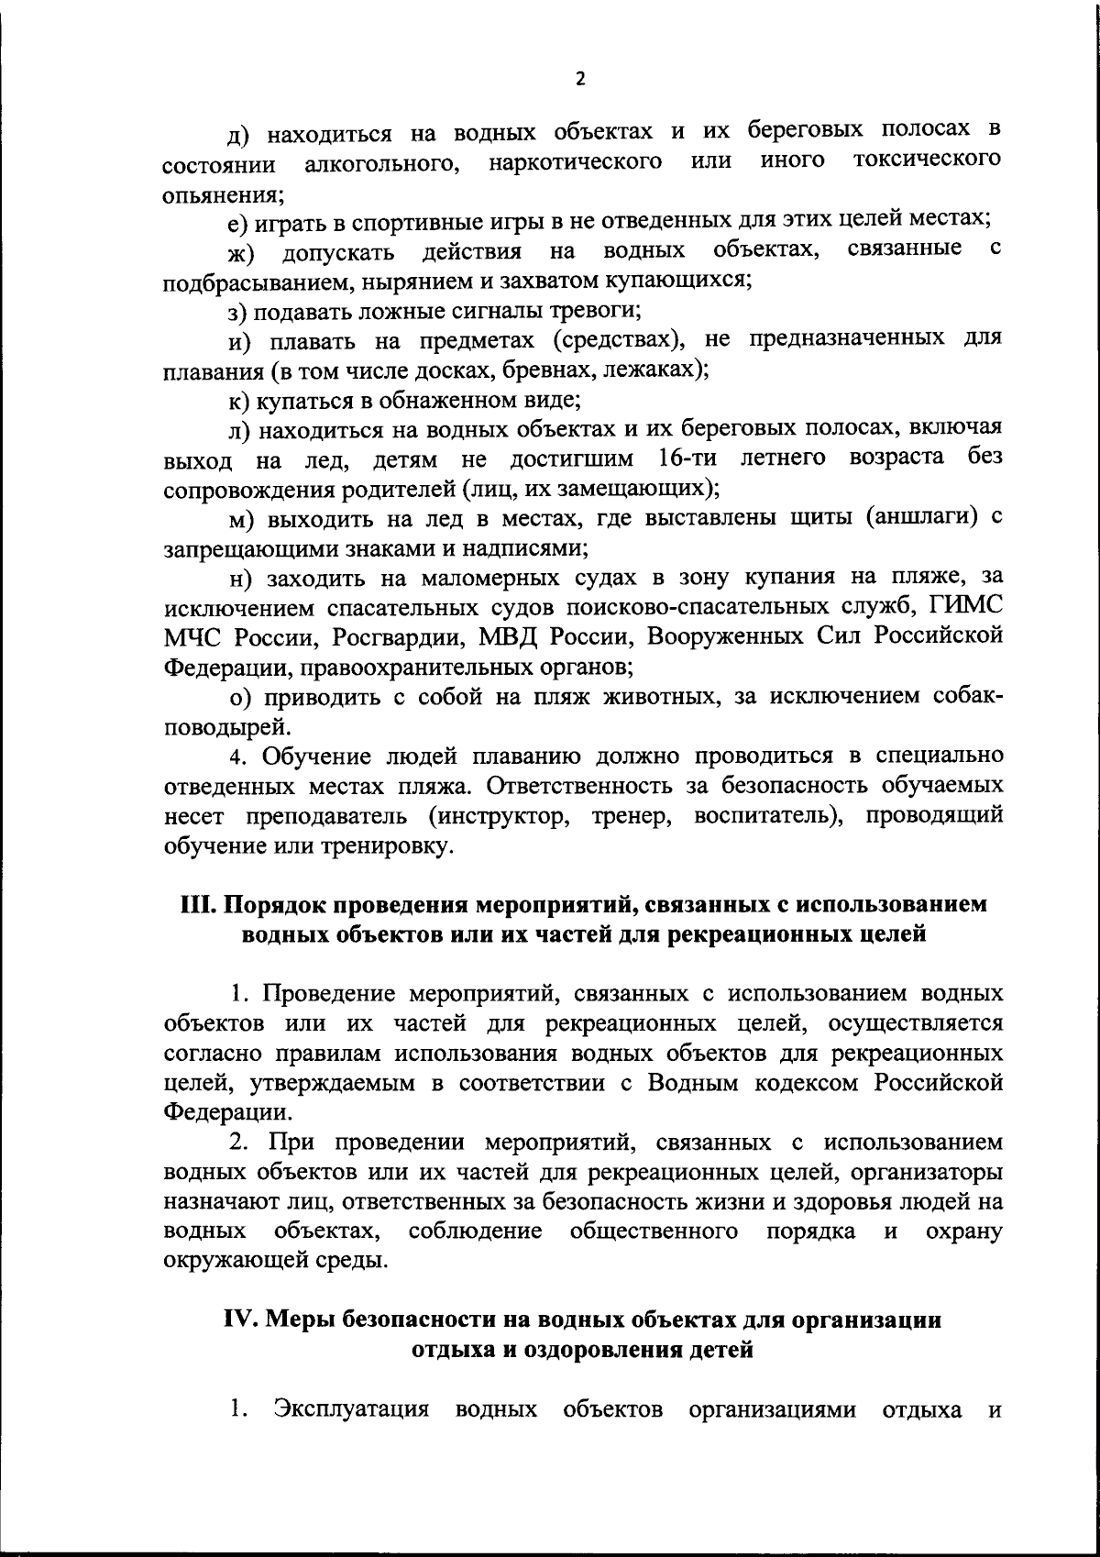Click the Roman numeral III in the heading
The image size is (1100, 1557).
pos(196,904)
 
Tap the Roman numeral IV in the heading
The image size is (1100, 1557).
pos(245,1320)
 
